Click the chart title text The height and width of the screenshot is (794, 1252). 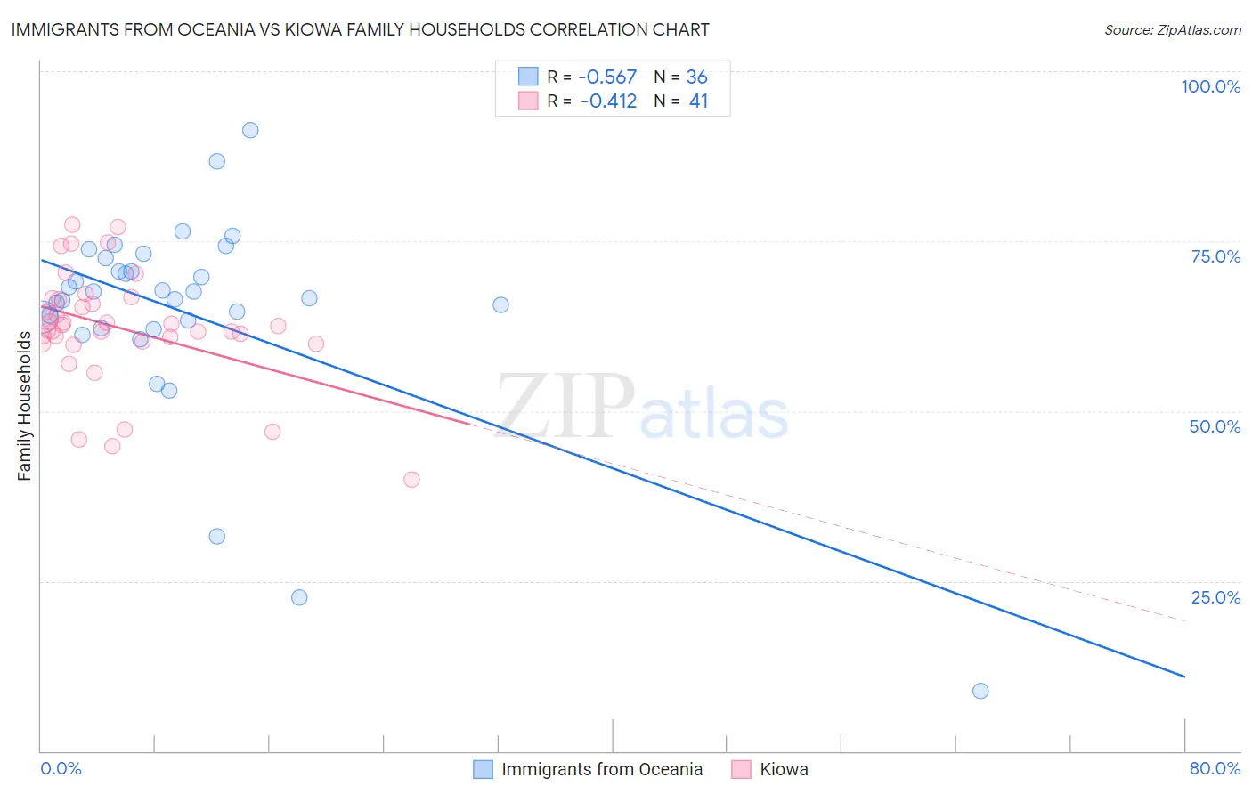point(360,29)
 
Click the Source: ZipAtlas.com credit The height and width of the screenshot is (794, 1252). point(1172,30)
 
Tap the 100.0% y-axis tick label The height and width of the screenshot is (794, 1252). point(1210,86)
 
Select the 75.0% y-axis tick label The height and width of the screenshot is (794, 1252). point(1215,256)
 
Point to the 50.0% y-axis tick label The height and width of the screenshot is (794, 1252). point(1215,426)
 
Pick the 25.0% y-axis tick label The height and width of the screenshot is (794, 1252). point(1215,597)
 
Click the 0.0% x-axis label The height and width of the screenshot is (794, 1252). point(61,768)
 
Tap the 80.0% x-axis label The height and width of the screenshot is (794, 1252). point(1215,768)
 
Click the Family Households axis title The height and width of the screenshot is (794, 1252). point(24,405)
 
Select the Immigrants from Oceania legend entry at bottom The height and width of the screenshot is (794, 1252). point(601,769)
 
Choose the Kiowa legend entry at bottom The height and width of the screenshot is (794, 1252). point(783,769)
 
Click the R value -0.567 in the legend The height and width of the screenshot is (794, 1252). point(608,77)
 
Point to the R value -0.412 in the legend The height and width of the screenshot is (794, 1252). point(608,101)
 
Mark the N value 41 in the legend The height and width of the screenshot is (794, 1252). point(698,101)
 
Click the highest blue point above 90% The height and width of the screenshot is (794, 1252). point(250,130)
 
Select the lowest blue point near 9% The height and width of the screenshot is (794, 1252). point(980,691)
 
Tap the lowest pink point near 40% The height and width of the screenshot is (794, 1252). point(411,479)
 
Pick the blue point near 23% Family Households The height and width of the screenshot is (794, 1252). point(299,597)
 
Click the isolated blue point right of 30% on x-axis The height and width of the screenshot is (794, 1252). point(500,304)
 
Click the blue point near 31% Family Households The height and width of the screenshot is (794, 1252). point(216,536)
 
